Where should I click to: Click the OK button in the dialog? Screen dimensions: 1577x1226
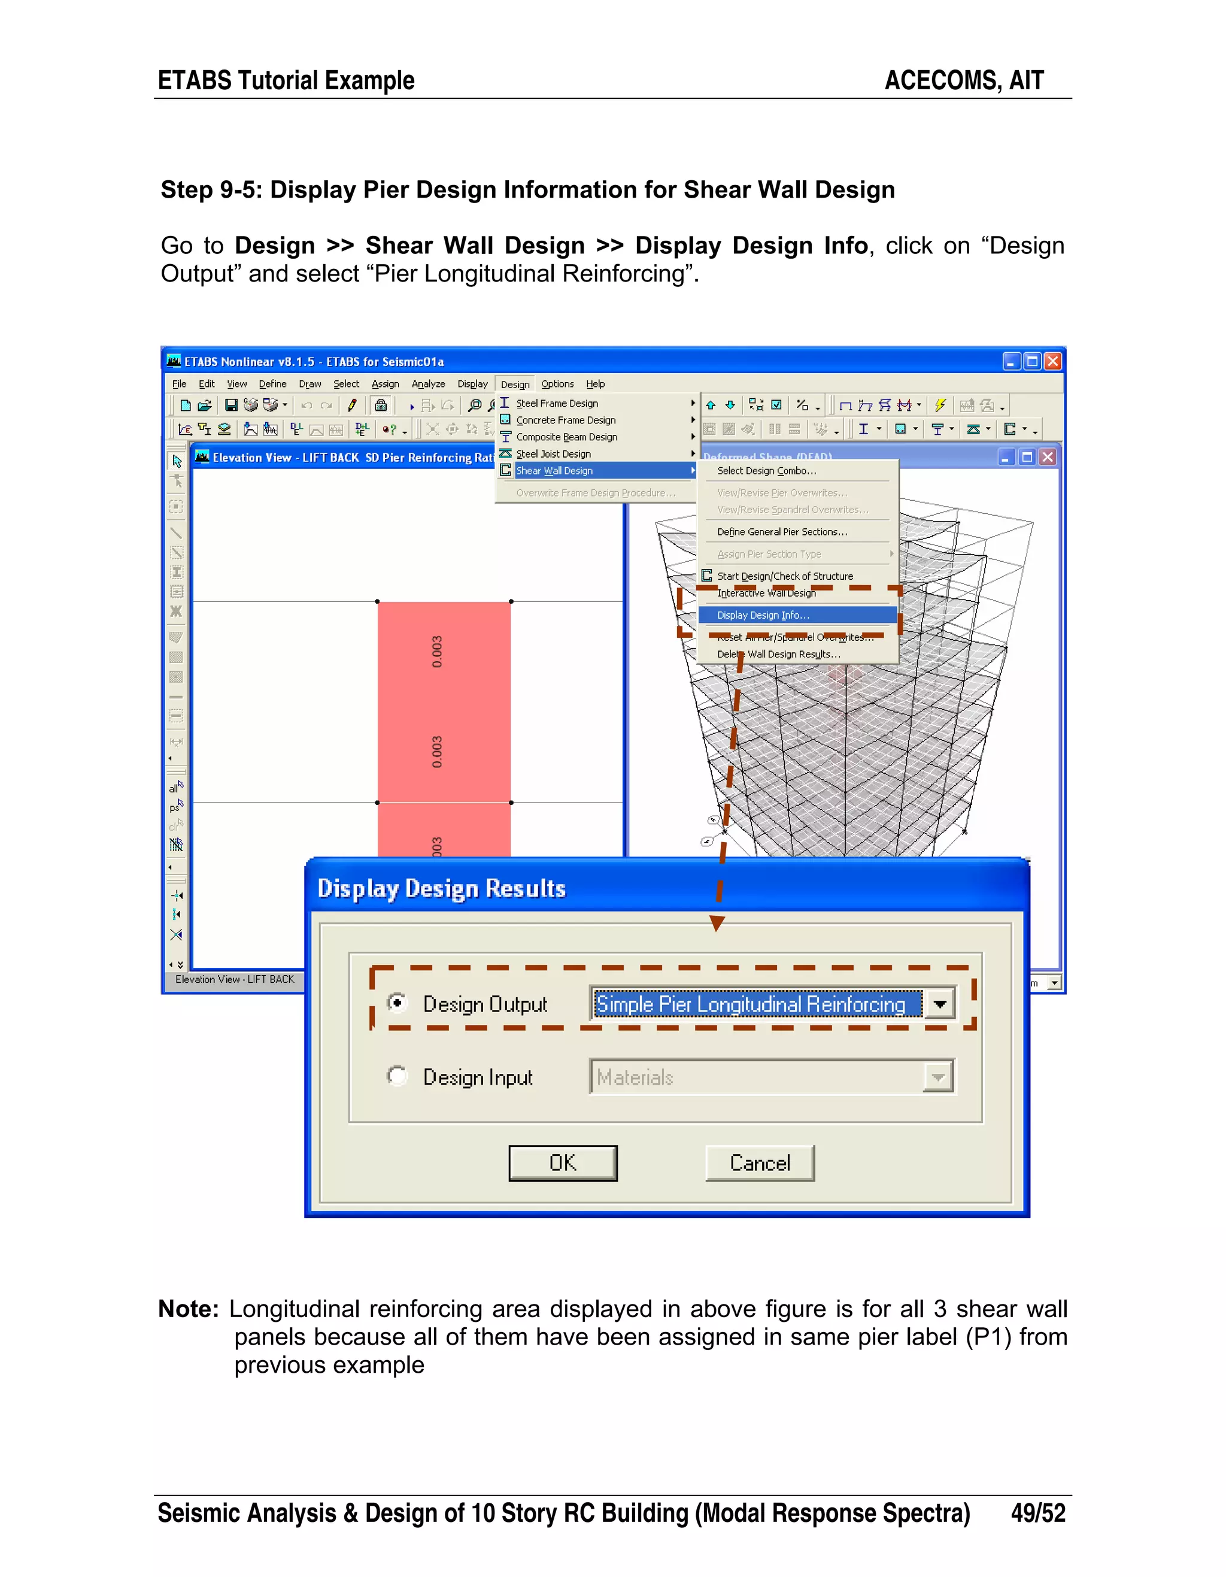(x=562, y=1163)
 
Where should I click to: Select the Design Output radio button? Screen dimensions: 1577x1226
(x=397, y=1003)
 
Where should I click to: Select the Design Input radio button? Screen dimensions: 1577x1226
(x=397, y=1076)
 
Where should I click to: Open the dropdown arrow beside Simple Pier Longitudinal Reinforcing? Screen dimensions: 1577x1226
(x=939, y=1004)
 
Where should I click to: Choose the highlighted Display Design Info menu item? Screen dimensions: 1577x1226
(x=763, y=615)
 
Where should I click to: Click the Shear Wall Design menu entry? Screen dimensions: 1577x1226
(x=554, y=471)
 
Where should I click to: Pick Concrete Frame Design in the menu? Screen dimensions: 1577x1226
(x=566, y=420)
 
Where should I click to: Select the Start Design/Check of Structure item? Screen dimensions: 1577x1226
(x=784, y=576)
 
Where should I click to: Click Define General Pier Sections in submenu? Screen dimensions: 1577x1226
(x=781, y=532)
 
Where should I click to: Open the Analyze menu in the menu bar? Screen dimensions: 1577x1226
(x=428, y=384)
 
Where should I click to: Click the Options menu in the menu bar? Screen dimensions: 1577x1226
(x=557, y=384)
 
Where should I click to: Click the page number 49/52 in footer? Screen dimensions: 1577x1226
(x=1037, y=1513)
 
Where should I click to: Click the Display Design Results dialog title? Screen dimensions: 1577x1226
(x=442, y=888)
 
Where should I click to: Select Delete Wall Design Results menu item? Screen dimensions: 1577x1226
(x=778, y=654)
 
